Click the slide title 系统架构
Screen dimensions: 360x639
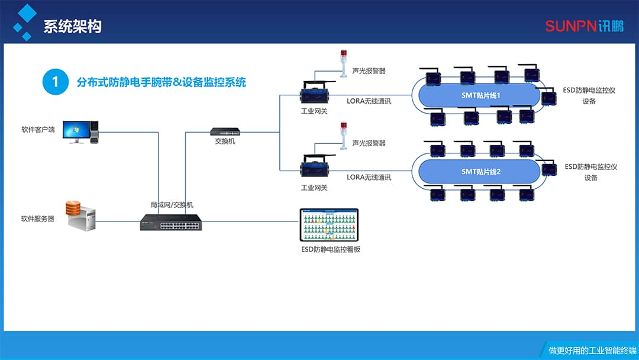point(72,27)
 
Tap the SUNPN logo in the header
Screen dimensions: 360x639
point(584,26)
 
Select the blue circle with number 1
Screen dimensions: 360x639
point(56,82)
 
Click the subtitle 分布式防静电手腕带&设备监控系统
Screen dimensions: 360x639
point(162,82)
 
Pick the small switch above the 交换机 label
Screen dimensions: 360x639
point(225,132)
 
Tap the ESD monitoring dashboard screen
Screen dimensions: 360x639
point(329,224)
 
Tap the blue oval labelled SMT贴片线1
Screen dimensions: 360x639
point(480,95)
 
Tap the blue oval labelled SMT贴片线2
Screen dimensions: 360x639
point(480,172)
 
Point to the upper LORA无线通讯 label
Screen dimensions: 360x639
point(369,101)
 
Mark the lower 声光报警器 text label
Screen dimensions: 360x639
point(369,143)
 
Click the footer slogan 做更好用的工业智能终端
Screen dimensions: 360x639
point(589,350)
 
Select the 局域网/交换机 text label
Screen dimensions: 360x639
point(172,205)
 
